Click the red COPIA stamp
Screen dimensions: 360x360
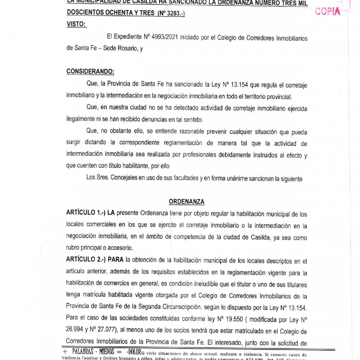click(328, 11)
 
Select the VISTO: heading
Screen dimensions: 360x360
click(76, 24)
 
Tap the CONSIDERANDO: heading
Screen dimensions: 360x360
click(90, 71)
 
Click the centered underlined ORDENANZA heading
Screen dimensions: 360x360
click(187, 202)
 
